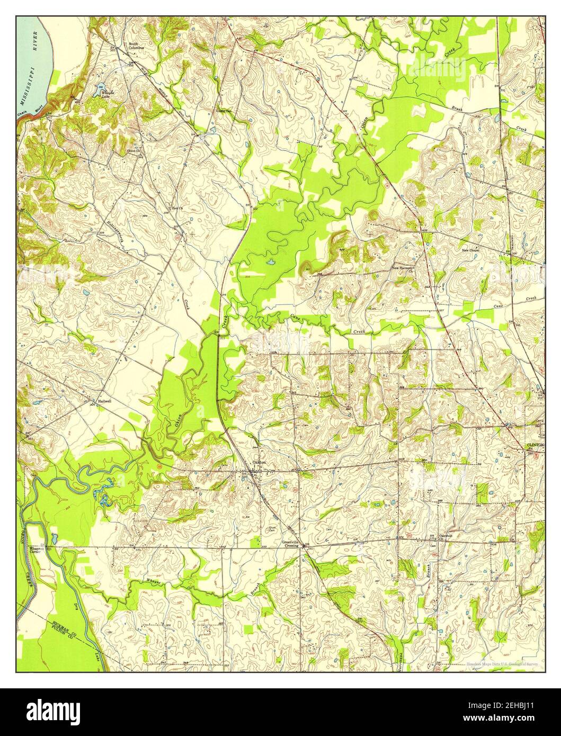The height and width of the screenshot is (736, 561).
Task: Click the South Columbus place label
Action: coord(135,46)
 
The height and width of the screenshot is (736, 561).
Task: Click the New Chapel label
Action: coord(470,250)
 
